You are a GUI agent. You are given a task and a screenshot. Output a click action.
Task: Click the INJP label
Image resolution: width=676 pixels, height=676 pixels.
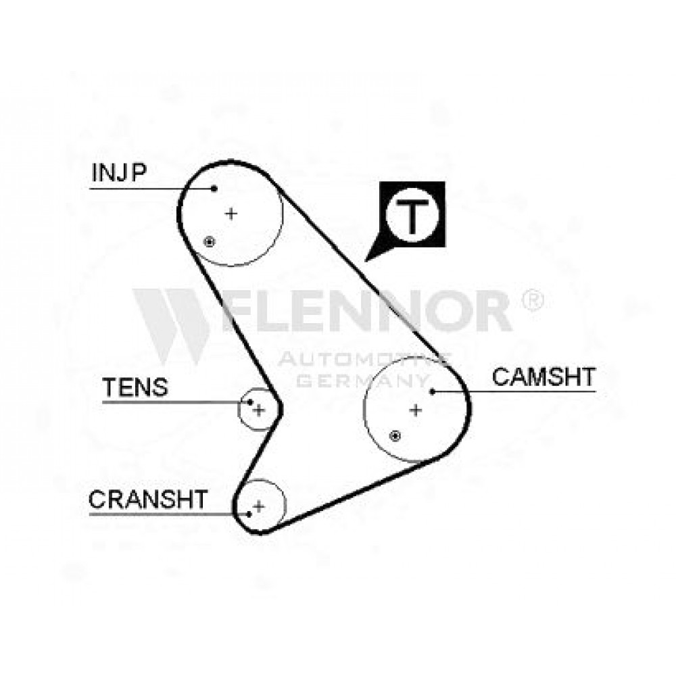(119, 172)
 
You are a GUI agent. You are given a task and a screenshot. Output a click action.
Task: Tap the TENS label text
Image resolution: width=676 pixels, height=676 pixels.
(135, 387)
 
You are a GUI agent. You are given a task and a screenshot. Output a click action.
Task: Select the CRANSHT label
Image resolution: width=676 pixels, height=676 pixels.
(148, 500)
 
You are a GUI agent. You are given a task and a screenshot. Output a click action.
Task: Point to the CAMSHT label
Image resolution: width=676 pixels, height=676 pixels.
(544, 377)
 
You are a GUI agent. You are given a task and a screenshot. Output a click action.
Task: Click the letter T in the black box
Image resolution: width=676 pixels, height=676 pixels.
(412, 216)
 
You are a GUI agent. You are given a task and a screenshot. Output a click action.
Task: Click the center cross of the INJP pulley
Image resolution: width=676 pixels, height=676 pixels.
(231, 214)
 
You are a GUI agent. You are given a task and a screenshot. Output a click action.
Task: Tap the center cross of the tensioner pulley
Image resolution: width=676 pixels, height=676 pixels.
(259, 410)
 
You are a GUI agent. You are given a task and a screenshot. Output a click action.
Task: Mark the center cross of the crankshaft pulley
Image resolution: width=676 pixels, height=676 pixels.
(259, 506)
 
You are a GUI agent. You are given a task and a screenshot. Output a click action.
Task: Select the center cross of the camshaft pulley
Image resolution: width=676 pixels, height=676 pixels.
(416, 410)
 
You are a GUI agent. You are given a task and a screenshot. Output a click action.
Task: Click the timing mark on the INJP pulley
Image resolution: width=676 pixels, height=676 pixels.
(209, 242)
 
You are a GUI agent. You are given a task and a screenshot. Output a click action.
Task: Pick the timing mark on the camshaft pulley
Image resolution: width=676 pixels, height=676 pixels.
(395, 436)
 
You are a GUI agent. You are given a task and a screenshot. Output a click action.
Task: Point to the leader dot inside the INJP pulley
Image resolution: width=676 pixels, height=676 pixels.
(214, 189)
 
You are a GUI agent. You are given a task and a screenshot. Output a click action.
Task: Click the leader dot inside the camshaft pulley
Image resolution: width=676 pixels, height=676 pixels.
(432, 391)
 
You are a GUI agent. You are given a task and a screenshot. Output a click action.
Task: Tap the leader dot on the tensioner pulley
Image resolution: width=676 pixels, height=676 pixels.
(250, 402)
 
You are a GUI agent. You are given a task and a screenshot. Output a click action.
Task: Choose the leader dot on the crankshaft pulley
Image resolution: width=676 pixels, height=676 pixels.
(249, 514)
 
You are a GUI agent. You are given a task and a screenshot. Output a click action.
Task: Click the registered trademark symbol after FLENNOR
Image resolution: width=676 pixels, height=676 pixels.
(533, 300)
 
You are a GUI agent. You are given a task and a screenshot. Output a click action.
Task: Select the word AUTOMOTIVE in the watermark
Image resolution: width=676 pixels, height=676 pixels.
(364, 359)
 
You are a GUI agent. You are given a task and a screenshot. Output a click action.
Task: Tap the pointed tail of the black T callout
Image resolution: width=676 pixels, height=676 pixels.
(365, 261)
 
